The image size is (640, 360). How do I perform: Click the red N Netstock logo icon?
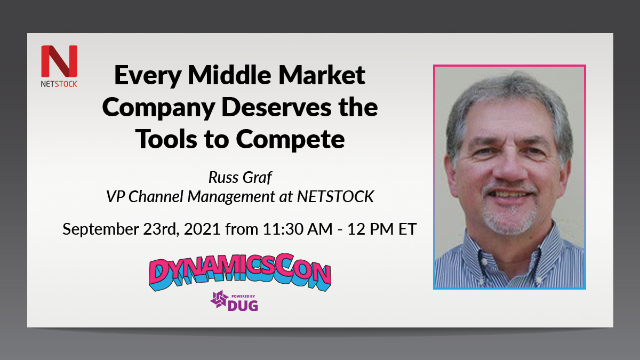point(59,61)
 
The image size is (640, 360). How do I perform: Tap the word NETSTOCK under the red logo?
point(59,84)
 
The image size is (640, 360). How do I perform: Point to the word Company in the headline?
point(158,108)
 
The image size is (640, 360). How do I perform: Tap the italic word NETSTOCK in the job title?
point(334,197)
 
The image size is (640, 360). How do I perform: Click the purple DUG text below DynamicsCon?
point(243,305)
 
